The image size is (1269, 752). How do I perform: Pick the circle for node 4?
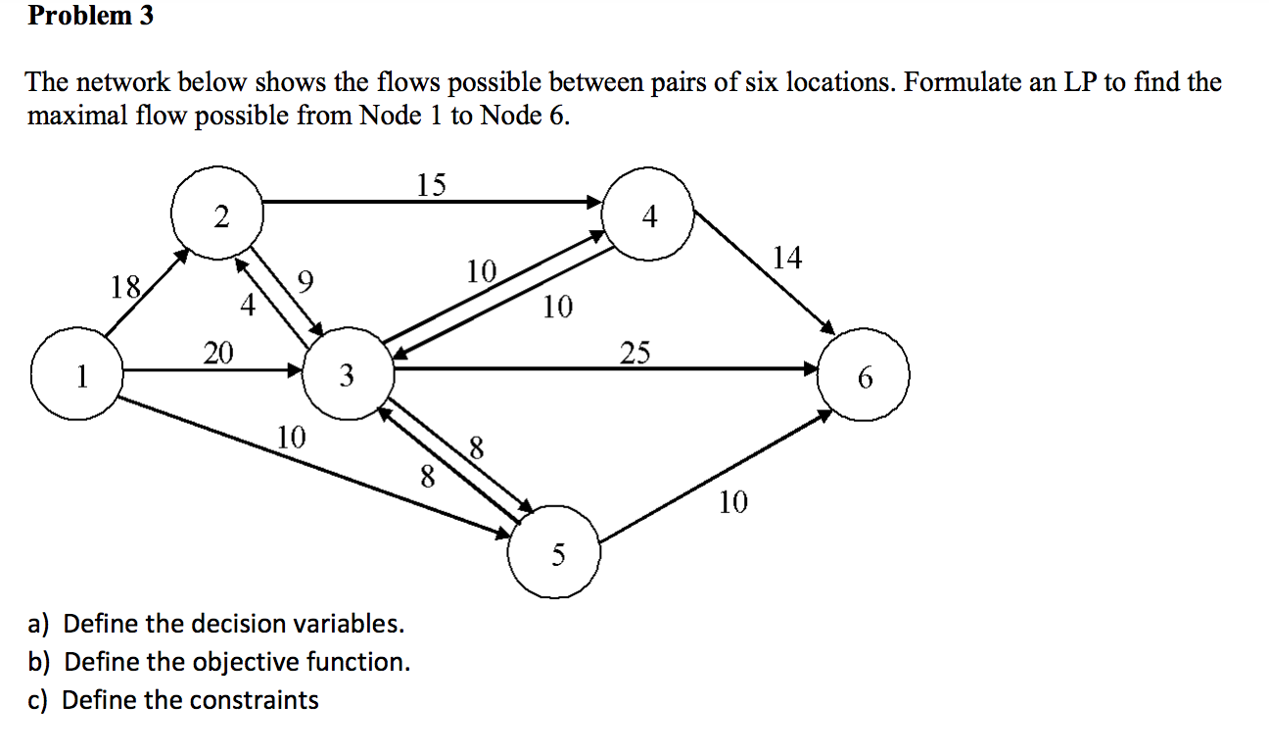pyautogui.click(x=649, y=217)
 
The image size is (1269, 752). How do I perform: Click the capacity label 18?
pyautogui.click(x=125, y=287)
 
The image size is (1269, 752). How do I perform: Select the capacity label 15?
pyautogui.click(x=431, y=184)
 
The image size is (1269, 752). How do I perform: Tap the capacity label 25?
pyautogui.click(x=634, y=352)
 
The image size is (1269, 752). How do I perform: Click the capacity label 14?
pyautogui.click(x=786, y=258)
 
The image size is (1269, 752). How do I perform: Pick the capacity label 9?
pyautogui.click(x=305, y=285)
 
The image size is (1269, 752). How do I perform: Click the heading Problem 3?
pyautogui.click(x=90, y=17)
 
